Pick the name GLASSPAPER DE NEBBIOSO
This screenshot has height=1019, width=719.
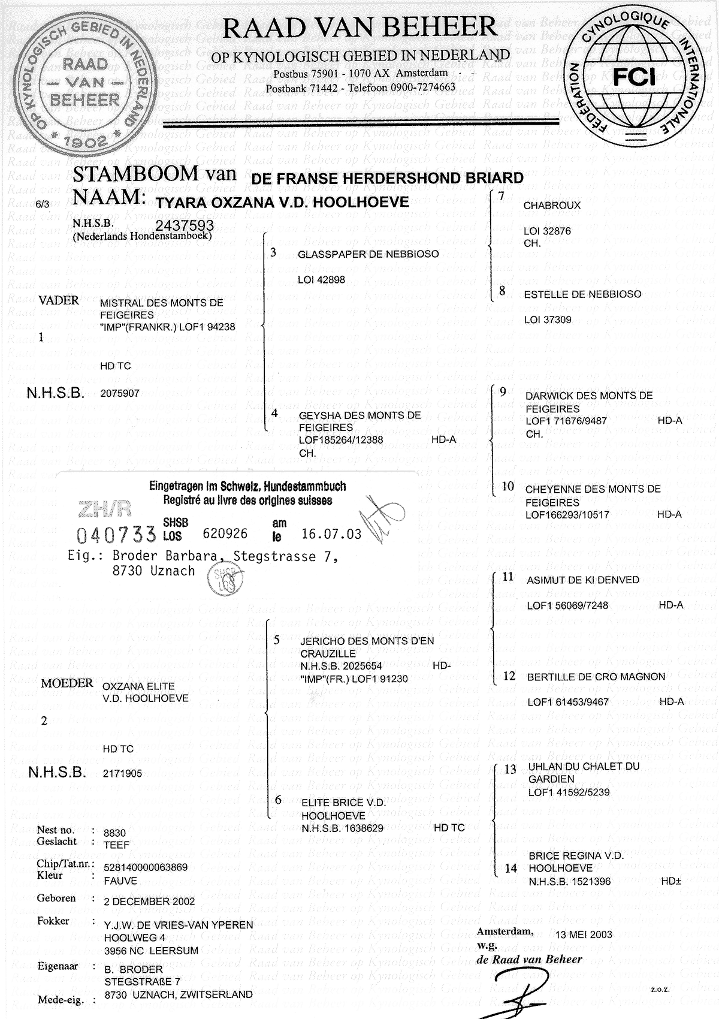(368, 254)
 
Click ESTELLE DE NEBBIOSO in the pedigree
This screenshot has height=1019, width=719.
(582, 294)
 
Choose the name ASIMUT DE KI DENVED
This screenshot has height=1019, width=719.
(575, 580)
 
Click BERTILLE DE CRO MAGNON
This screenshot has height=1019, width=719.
(596, 677)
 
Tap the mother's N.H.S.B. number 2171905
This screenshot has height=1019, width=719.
(122, 773)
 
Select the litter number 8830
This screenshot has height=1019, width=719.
(115, 833)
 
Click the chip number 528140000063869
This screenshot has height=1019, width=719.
(146, 867)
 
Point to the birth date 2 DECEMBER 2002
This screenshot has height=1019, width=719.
(149, 901)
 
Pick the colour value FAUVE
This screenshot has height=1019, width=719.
(120, 881)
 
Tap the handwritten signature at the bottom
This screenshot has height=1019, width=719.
(518, 992)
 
